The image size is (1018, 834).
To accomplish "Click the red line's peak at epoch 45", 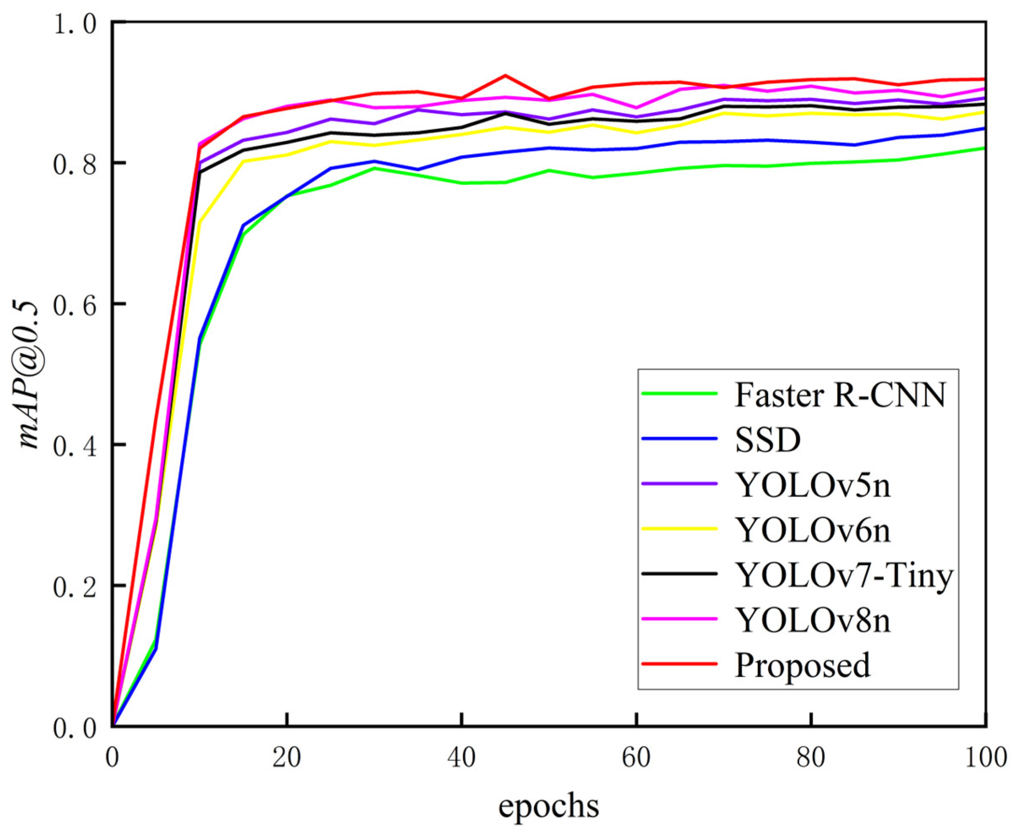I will (505, 75).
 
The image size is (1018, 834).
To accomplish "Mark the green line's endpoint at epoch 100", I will (984, 148).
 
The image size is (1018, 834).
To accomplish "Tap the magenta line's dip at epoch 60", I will (636, 108).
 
